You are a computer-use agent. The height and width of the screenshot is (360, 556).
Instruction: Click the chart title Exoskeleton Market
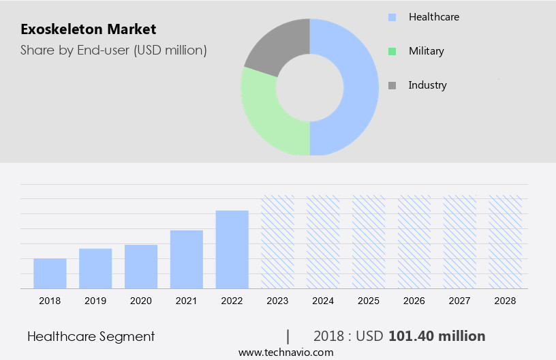pyautogui.click(x=88, y=29)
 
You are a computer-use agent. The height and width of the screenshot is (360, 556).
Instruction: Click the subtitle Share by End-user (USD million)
pyautogui.click(x=113, y=50)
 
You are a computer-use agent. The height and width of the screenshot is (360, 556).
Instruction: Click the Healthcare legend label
pyautogui.click(x=433, y=16)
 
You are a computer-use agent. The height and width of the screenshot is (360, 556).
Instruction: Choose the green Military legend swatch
pyautogui.click(x=392, y=51)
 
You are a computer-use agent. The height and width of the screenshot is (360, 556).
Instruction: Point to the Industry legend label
pyautogui.click(x=427, y=85)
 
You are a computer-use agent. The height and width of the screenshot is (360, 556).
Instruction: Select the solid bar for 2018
pyautogui.click(x=50, y=273)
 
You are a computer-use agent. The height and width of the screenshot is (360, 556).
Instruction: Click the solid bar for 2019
pyautogui.click(x=95, y=269)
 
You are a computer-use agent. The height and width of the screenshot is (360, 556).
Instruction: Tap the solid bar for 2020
pyautogui.click(x=141, y=267)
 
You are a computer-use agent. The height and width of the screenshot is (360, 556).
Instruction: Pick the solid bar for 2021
pyautogui.click(x=187, y=259)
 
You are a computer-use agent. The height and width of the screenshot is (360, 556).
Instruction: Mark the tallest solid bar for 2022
pyautogui.click(x=232, y=250)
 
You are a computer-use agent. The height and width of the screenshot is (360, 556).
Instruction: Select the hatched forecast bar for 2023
pyautogui.click(x=278, y=242)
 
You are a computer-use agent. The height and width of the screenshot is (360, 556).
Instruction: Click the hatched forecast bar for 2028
pyautogui.click(x=506, y=242)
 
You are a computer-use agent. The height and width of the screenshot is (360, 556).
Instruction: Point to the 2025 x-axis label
pyautogui.click(x=369, y=301)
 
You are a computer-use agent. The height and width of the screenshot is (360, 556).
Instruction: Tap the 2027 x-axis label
pyautogui.click(x=460, y=301)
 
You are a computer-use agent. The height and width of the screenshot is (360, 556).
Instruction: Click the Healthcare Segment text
pyautogui.click(x=91, y=336)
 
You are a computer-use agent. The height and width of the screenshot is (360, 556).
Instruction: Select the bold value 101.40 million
pyautogui.click(x=437, y=336)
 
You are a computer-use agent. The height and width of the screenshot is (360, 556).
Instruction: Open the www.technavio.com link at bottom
pyautogui.click(x=285, y=352)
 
